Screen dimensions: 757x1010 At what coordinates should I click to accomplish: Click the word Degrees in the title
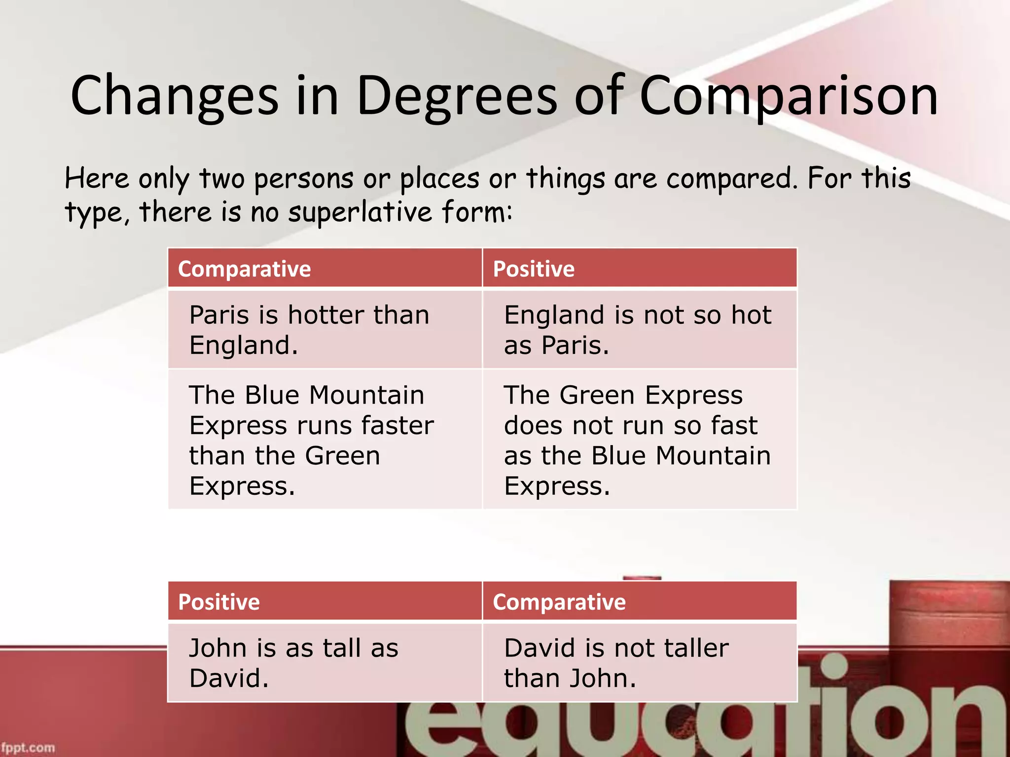[456, 96]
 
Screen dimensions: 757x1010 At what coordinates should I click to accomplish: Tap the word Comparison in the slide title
[788, 96]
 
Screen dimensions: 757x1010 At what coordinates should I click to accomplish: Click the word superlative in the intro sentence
[360, 212]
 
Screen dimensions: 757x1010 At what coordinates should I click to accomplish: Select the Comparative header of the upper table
[245, 269]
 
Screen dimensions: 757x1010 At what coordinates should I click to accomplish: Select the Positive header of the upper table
[534, 269]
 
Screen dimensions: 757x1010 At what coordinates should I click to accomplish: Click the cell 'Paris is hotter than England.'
[325, 329]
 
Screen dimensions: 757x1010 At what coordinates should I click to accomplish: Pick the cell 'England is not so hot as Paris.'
[639, 329]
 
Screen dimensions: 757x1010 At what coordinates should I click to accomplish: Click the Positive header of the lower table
[219, 602]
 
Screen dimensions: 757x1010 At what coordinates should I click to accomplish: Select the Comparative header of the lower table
[559, 602]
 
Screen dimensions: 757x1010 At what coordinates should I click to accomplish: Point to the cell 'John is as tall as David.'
[325, 662]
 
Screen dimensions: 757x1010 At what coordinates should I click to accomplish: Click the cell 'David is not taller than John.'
[639, 662]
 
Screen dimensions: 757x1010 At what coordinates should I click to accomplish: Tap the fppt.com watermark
[28, 747]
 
